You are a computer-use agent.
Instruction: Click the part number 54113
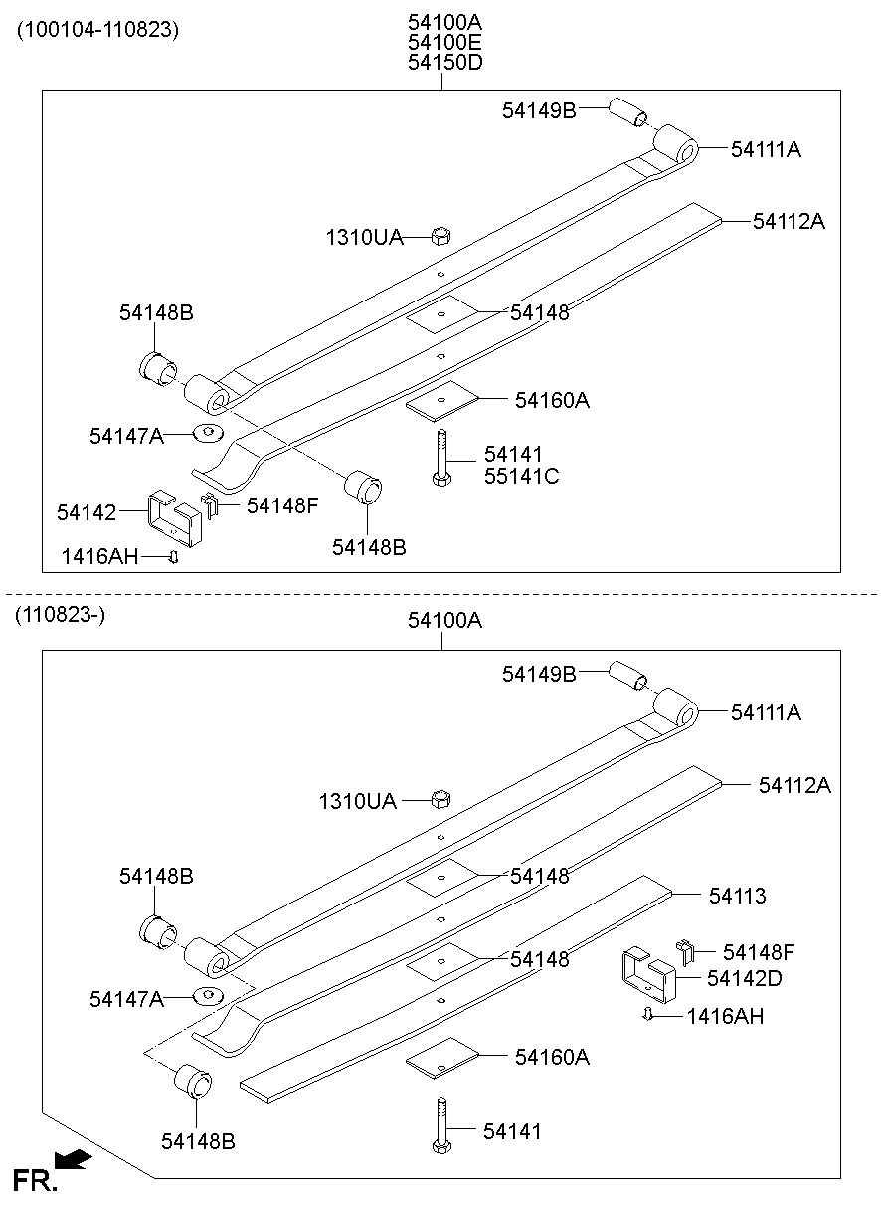pos(737,896)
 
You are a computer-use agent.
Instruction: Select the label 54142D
pos(744,978)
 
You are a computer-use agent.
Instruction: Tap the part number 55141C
pos(521,476)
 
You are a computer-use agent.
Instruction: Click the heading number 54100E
pos(443,42)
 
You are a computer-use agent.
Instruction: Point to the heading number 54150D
pos(443,63)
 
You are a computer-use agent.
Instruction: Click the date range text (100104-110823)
pos(96,29)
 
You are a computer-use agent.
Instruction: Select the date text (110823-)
pos(60,615)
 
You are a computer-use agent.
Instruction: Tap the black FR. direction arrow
pos(74,1159)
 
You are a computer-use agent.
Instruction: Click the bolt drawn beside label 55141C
pos(440,458)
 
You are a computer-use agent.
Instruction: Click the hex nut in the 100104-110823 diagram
pos(441,236)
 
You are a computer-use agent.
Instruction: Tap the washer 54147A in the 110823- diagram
pos(207,997)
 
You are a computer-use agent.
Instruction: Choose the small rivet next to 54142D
pos(646,1014)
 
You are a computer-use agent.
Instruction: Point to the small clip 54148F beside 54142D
pos(684,951)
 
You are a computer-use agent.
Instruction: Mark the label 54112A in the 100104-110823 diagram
pos(789,221)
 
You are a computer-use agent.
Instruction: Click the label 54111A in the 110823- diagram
pos(766,712)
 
